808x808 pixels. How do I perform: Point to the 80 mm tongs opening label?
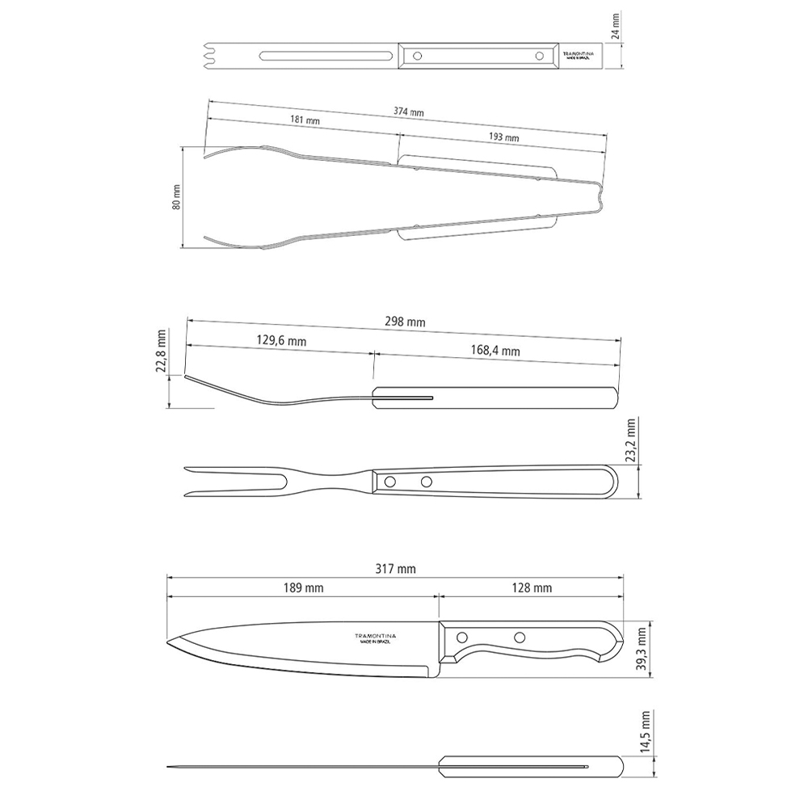coord(177,197)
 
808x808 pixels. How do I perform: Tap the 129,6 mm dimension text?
coord(281,342)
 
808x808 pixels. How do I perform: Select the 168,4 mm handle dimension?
coord(494,351)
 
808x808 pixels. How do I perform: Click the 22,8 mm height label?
coord(163,352)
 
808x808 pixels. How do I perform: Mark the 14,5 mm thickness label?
coord(644,732)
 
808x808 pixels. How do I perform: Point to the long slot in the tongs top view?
coord(326,56)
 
